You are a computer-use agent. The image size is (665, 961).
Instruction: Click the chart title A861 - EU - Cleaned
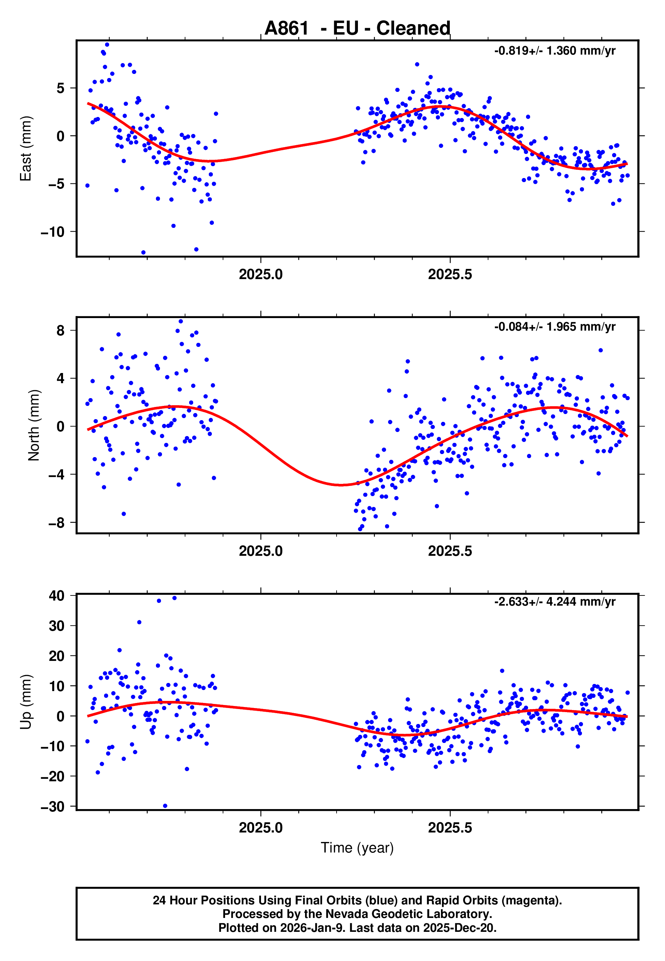pos(357,28)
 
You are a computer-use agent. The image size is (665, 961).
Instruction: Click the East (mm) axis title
pos(26,149)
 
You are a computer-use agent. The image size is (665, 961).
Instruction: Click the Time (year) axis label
pos(357,848)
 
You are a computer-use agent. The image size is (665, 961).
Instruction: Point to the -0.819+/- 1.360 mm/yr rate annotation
pos(555,51)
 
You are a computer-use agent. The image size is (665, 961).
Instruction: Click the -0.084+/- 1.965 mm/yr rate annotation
pos(555,327)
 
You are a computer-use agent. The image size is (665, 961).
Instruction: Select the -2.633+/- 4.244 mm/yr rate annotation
pos(555,602)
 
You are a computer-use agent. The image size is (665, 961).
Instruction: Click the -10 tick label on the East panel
pos(53,232)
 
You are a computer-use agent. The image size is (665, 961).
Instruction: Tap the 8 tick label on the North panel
pos(61,331)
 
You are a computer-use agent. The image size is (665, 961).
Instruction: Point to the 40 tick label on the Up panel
pos(57,596)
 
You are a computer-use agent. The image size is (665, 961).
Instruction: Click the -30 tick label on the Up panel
pos(53,807)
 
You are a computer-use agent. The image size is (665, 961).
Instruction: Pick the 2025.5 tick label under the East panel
pos(450,275)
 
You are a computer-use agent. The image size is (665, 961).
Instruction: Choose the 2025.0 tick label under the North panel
pos(261,551)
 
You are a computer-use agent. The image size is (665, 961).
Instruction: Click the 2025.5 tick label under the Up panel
pos(450,828)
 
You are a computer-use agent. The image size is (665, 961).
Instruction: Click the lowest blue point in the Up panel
pos(165,806)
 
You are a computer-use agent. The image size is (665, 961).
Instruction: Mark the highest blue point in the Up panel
pos(175,598)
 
